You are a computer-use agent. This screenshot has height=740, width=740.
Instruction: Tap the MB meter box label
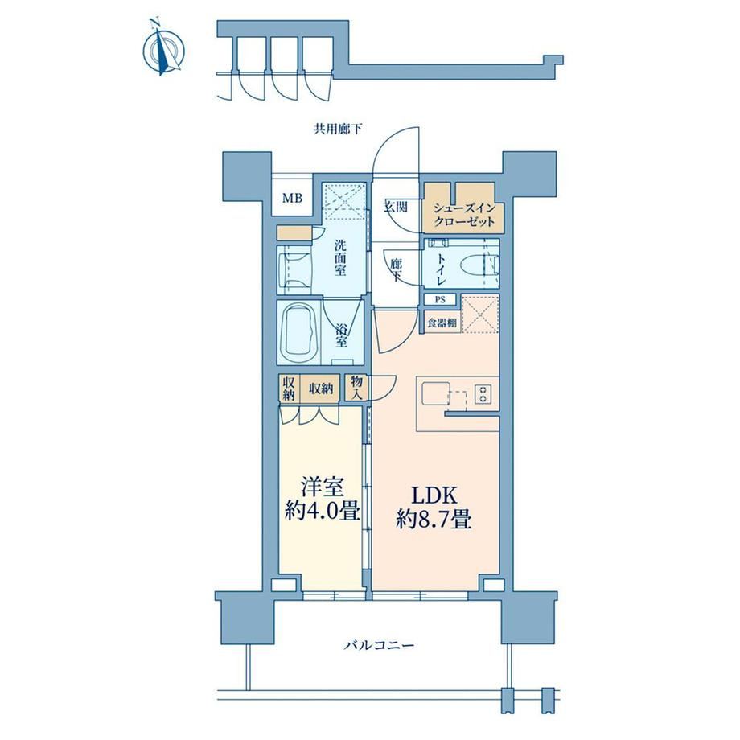292,198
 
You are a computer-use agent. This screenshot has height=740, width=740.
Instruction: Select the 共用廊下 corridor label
338,129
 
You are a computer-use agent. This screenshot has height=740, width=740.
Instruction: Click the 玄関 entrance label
396,206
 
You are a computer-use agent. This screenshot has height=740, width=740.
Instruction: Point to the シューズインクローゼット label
464,214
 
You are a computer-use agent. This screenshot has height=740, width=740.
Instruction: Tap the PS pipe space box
440,299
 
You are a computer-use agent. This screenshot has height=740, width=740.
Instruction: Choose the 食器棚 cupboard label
442,323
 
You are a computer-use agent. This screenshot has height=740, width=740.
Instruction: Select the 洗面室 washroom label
340,257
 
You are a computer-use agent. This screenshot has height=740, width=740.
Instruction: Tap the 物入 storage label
356,388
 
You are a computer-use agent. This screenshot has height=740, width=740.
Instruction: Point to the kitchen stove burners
483,394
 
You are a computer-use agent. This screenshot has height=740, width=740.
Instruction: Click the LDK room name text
434,495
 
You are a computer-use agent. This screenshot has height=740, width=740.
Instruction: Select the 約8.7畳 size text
434,520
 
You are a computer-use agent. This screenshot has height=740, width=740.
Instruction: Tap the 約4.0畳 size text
323,511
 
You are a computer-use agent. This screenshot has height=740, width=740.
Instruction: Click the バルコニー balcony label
379,644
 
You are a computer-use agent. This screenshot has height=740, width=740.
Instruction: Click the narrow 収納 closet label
288,388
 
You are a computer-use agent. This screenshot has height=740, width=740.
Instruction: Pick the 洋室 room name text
323,487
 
